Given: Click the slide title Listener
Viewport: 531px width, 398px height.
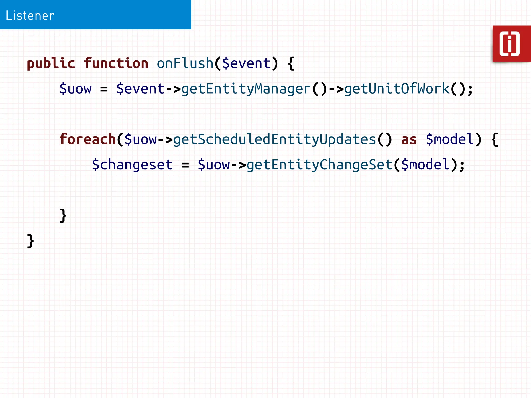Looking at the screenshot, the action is coord(30,16).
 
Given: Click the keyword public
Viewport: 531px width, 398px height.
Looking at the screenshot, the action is coord(51,64).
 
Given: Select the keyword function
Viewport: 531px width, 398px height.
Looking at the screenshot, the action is coord(116,63).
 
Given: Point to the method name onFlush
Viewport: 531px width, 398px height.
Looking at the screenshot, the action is coord(185,63).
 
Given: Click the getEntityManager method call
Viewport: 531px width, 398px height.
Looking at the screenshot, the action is coord(246,89).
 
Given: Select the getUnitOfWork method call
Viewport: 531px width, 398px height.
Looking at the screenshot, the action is coord(397,89).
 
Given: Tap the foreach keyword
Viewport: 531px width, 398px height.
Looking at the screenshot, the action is coord(87,139).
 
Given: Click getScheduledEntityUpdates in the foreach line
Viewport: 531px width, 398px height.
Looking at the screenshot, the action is coord(275,139).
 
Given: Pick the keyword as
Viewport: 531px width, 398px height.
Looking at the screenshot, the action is coord(409,139).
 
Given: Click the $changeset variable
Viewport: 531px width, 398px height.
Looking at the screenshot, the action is coord(132,165).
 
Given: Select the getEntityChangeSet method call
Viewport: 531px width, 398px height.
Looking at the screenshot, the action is coord(319,165).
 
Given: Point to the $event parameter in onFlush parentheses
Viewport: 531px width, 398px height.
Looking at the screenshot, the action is coord(246,63).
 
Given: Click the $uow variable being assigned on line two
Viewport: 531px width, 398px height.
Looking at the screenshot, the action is coord(75,89).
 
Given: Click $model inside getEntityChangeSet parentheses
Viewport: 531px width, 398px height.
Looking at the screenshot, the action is coord(425,165).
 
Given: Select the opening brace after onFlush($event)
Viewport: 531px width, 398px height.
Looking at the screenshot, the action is coord(291,64).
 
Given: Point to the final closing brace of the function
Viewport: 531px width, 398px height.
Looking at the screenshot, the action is coord(31,241).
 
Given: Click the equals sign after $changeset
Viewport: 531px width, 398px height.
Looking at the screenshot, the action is coord(185,165).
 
